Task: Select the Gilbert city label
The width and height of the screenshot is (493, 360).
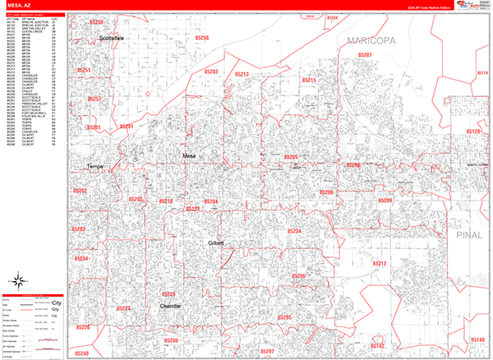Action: point(216,244)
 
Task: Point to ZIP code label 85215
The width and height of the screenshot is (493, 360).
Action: point(309,80)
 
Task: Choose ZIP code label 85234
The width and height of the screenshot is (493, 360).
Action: point(293,232)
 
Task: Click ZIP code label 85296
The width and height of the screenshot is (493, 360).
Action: point(298,276)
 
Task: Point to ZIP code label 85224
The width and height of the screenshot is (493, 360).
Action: point(123,308)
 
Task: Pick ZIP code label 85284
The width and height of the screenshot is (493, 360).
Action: point(80,259)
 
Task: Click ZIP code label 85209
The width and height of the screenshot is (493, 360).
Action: point(385,201)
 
